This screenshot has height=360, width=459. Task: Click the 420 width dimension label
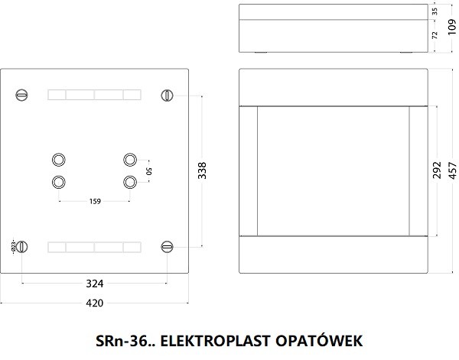click(x=95, y=303)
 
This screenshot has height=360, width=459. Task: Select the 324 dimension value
click(x=95, y=284)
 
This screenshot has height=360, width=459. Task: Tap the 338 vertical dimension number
click(x=202, y=170)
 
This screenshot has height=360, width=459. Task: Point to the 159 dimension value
click(x=95, y=203)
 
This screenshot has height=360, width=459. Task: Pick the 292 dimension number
click(x=435, y=170)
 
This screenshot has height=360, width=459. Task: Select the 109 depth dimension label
click(x=452, y=29)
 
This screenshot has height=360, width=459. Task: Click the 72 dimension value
click(x=435, y=36)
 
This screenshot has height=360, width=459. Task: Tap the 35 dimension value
click(x=435, y=12)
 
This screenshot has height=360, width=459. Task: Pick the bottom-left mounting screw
click(x=22, y=246)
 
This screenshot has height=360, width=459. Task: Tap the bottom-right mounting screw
click(x=168, y=246)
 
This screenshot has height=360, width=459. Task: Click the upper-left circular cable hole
click(x=59, y=159)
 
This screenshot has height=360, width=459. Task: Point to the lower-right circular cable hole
click(x=130, y=182)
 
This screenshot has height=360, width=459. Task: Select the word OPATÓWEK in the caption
click(x=315, y=339)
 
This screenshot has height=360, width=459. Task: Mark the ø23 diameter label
click(x=12, y=246)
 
